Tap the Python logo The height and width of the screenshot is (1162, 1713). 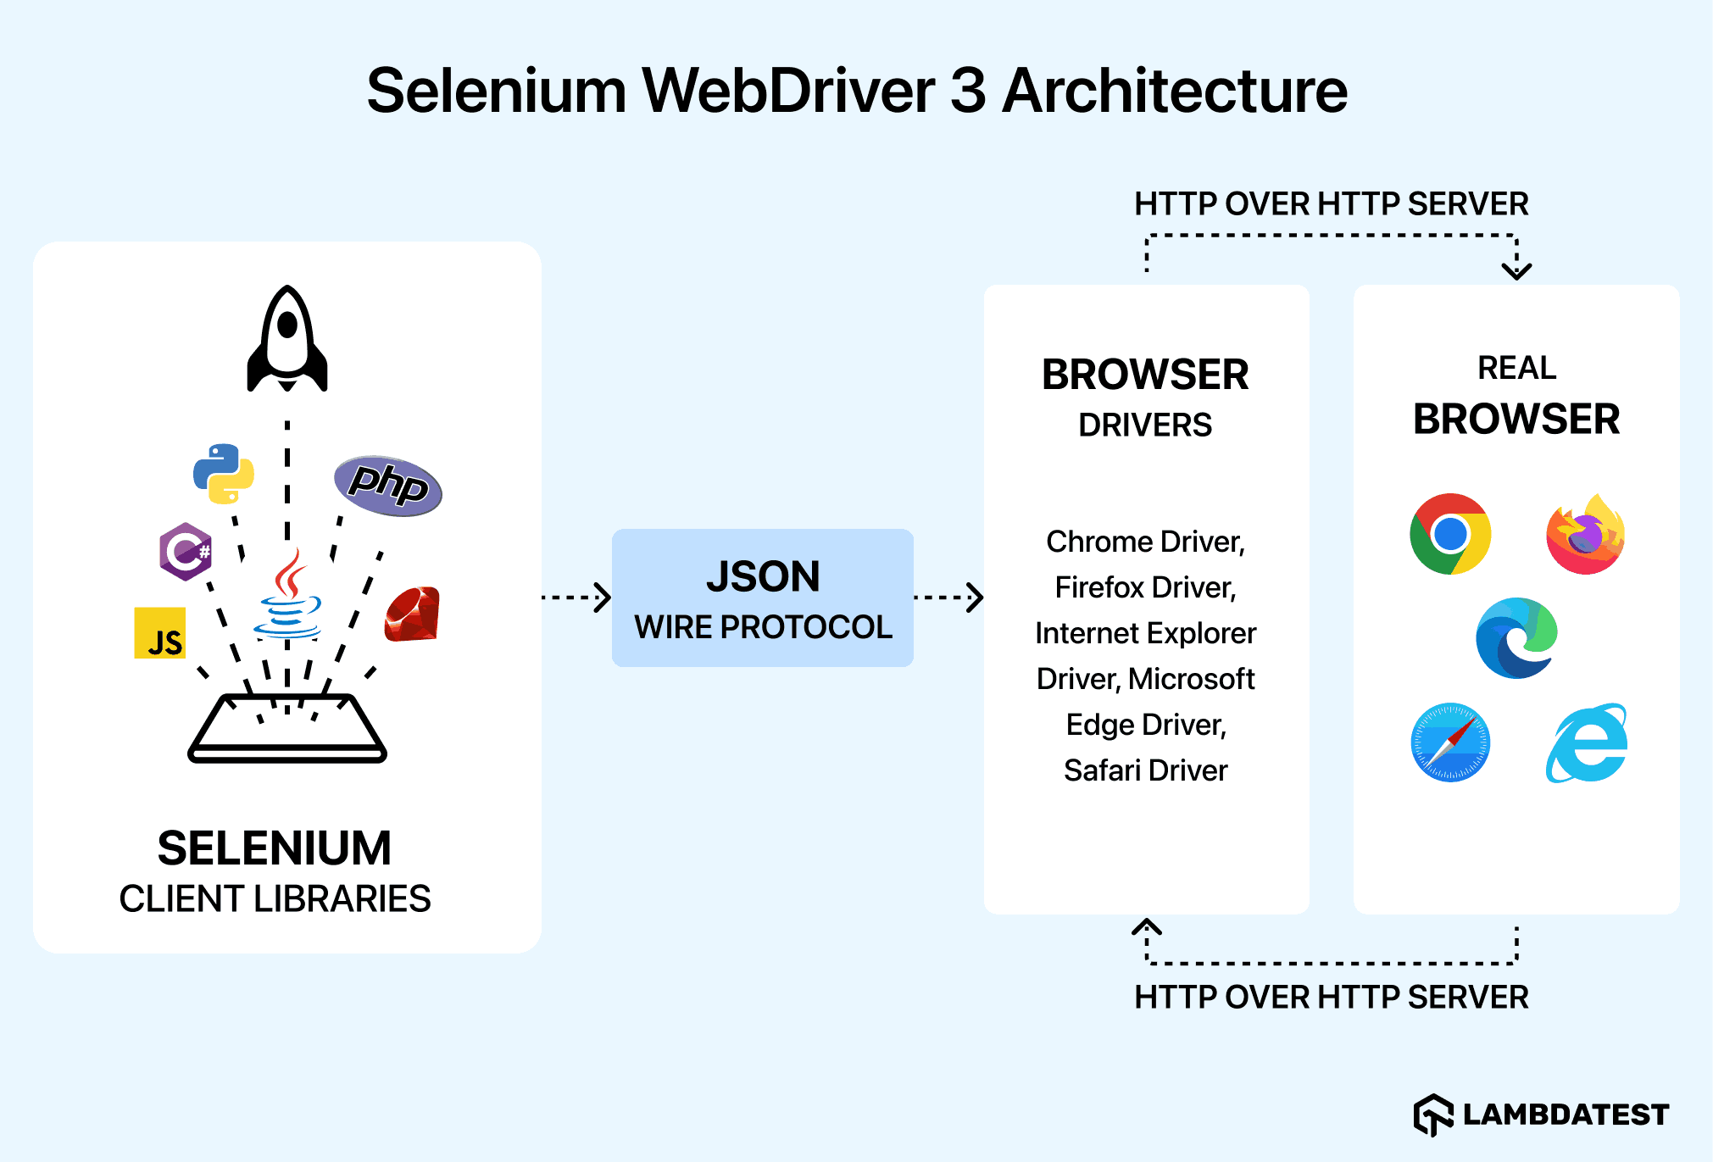pos(224,473)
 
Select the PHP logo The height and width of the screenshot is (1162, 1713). pos(388,485)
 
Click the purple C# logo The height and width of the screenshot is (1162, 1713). pos(186,552)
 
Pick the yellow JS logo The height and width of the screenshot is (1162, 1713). pos(160,633)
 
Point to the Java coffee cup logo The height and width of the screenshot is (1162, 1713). pos(288,596)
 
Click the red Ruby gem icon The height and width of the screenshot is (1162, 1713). pos(413,614)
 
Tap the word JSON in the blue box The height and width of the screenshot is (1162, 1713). pos(763,576)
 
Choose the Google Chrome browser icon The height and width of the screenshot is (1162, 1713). pos(1450,534)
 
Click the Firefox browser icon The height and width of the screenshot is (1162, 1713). pos(1585,535)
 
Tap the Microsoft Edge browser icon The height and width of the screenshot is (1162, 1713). pos(1516,638)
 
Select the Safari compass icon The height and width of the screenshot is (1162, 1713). pos(1450,742)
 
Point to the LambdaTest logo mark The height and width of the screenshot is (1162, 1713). pos(1433,1115)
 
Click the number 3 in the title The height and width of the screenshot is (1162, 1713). pos(968,91)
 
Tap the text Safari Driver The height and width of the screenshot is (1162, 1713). pos(1145,770)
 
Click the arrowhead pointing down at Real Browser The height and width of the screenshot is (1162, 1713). pos(1516,270)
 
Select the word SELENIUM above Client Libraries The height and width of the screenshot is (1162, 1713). pos(275,848)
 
